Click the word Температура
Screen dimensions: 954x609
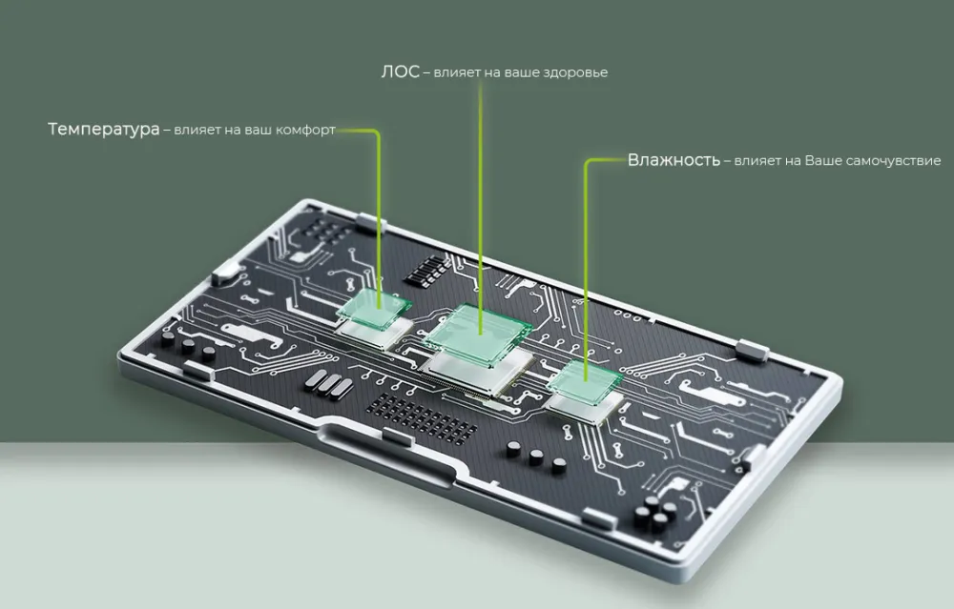(103, 130)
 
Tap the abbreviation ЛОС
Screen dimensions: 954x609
(401, 71)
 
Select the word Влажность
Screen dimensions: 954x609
(674, 160)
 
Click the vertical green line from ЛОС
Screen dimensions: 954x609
(481, 208)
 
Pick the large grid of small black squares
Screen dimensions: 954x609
(424, 416)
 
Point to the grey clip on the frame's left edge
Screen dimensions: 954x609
(226, 272)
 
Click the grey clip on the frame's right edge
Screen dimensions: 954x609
(754, 352)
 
